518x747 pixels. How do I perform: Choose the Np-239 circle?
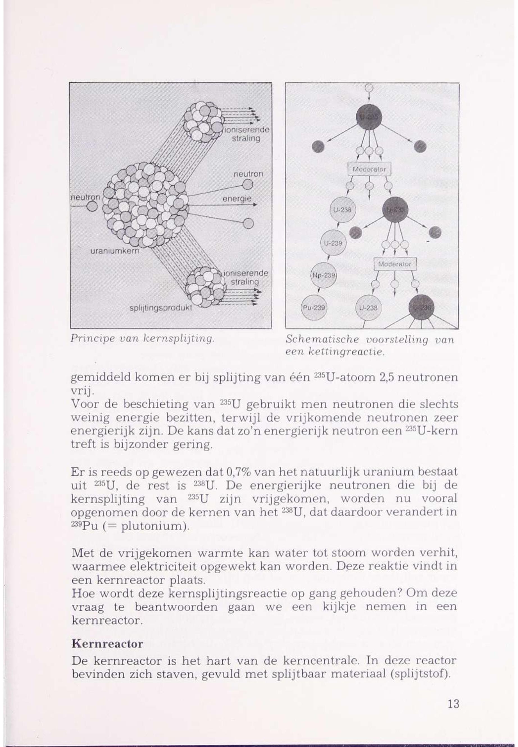pyautogui.click(x=324, y=275)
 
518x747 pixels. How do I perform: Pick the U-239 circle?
pyautogui.click(x=333, y=243)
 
